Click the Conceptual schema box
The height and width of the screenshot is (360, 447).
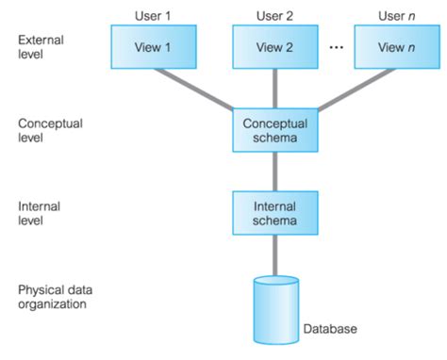[274, 130]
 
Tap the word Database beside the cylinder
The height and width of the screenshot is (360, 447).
[331, 330]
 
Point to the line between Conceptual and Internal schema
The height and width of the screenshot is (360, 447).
[274, 172]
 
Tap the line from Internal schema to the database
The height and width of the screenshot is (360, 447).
[274, 254]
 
